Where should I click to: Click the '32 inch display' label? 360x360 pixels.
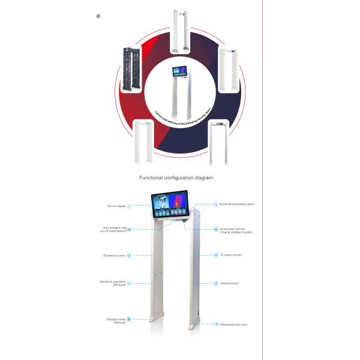(115, 206)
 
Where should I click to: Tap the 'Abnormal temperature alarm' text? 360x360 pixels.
(237, 204)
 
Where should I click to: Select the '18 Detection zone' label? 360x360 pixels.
(114, 256)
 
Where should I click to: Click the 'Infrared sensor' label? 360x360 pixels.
(229, 283)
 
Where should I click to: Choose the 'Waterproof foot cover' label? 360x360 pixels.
(235, 324)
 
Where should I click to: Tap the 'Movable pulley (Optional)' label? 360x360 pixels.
(115, 320)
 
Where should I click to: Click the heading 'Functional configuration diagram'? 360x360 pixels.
(176, 178)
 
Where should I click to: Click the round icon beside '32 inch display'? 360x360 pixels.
(128, 206)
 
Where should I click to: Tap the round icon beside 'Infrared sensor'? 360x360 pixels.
(216, 283)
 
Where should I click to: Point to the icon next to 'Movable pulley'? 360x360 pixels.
(128, 320)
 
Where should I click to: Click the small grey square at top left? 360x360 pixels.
(98, 16)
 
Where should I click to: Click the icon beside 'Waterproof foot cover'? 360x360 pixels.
(217, 324)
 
